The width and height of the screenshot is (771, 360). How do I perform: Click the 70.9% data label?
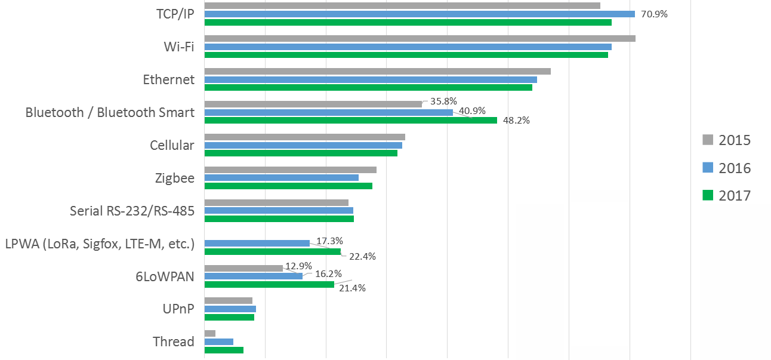pyautogui.click(x=653, y=14)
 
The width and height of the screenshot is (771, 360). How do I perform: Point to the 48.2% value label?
pyautogui.click(x=516, y=120)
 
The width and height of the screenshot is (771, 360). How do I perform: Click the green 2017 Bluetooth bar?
pyautogui.click(x=351, y=120)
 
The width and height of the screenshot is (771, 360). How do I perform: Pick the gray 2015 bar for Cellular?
pyautogui.click(x=304, y=137)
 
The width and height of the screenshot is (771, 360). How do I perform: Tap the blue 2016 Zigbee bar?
pyautogui.click(x=281, y=177)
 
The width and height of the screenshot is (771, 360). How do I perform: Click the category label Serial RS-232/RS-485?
pyautogui.click(x=132, y=211)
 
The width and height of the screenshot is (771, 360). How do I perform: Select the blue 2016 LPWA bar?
pyautogui.click(x=257, y=243)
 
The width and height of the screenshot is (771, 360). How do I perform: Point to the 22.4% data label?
pyautogui.click(x=362, y=257)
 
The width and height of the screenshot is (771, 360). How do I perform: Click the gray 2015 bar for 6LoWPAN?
pyautogui.click(x=243, y=268)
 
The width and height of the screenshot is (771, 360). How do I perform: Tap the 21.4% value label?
pyautogui.click(x=352, y=288)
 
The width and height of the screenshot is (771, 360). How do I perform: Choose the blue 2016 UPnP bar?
pyautogui.click(x=230, y=309)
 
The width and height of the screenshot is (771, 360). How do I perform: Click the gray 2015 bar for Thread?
pyautogui.click(x=209, y=333)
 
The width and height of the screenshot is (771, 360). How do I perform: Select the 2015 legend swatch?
pyautogui.click(x=708, y=140)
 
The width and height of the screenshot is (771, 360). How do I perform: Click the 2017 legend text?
pyautogui.click(x=735, y=195)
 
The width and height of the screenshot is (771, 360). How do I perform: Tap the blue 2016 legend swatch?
pyautogui.click(x=708, y=168)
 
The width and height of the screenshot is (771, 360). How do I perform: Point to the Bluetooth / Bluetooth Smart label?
pyautogui.click(x=110, y=112)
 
